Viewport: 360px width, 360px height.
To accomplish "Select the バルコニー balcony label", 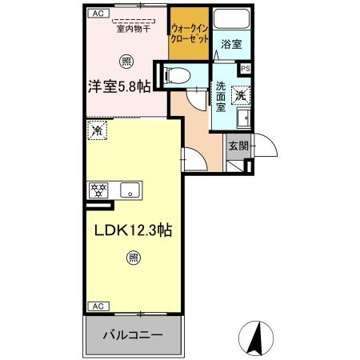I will (133, 334).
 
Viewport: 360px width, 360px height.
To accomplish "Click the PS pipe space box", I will (246, 70).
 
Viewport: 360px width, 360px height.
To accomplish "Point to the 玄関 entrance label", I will (238, 146).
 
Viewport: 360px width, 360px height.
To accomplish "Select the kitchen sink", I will (130, 190).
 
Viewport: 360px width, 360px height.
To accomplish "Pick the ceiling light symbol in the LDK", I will (134, 257).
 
